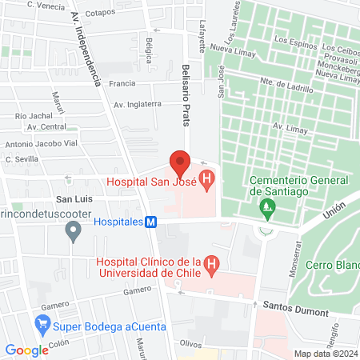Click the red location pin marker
coord(180,162)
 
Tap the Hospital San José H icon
coord(207,182)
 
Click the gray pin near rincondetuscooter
coord(74,233)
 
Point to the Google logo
coord(26,350)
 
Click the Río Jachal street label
coord(34,116)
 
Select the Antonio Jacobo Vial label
coord(41,145)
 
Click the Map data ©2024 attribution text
coord(325,354)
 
